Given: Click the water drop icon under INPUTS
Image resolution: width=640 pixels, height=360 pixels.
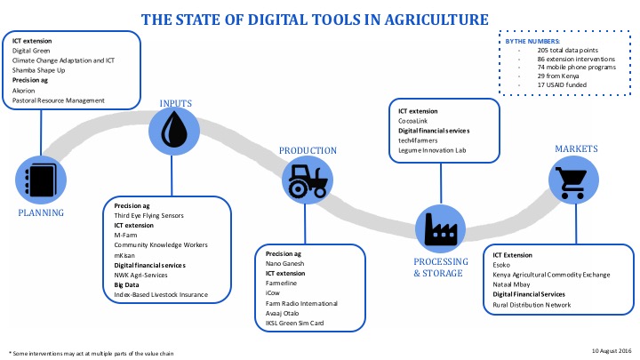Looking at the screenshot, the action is coord(174,130).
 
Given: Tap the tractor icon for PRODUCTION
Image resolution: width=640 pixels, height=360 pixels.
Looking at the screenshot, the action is coord(308,180).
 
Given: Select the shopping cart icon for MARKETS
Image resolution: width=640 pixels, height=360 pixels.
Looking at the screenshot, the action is coord(573,181).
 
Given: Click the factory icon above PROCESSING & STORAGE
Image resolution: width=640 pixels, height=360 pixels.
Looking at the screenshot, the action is coord(440,229).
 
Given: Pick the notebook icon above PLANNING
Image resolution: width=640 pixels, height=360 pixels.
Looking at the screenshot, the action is coord(41,180).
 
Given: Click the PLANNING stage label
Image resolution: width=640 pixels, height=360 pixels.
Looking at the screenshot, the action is coord(41,212).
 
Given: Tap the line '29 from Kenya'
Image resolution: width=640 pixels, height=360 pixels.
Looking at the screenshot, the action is coord(558,76).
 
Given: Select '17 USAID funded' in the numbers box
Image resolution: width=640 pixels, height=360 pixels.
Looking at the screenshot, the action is coord(562,85).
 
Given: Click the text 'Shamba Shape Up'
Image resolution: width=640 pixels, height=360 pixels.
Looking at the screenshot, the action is coord(38,70).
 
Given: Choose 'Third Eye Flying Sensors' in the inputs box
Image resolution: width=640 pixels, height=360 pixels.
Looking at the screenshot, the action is coord(148,215).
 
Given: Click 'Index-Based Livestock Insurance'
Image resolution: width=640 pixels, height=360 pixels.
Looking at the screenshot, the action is coord(161,295).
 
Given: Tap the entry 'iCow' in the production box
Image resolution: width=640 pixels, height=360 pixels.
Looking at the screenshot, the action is coord(273,293).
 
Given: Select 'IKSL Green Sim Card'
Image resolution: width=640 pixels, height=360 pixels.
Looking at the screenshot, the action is coord(294,324).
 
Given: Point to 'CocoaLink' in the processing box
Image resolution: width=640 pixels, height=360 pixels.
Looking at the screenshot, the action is coord(412,121).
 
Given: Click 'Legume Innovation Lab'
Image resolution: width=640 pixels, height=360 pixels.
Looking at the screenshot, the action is coord(432,150).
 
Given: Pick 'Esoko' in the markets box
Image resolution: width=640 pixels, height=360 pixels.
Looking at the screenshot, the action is coord(501,265).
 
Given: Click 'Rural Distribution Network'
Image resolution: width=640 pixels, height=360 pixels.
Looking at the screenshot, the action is coord(532,305).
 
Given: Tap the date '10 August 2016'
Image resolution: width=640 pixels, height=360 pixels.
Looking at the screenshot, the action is coord(612,350).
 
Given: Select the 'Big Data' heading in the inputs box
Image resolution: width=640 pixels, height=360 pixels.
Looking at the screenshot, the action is coord(126,285).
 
